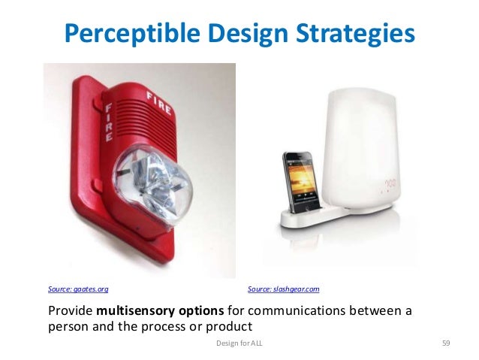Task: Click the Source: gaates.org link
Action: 73,289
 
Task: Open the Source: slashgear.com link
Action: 284,289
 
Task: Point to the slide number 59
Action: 446,343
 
